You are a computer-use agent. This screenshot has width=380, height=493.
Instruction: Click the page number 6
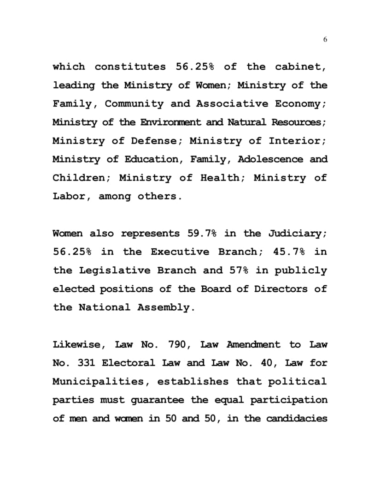point(325,40)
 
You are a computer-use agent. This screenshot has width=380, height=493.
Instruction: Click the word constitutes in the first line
point(130,67)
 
